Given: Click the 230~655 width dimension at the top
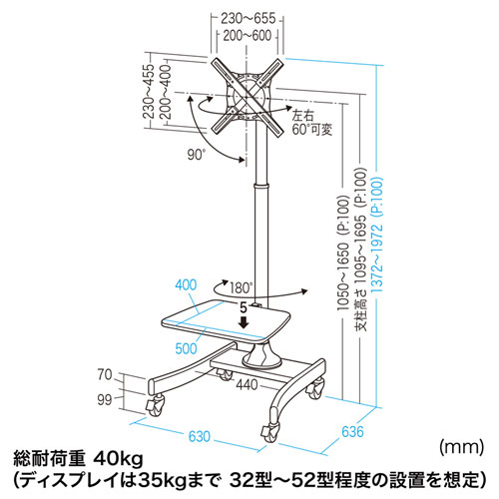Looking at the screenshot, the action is pos(249,18).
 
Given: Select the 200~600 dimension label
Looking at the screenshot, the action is pos(248,35).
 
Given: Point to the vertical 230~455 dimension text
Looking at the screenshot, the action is pos(149,91).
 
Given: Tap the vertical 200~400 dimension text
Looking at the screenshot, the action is pos(165,92).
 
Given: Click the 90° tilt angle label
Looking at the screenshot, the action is pos(197,155).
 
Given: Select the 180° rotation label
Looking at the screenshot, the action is pos(241,287).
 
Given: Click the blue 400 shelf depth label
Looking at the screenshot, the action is pos(186,285).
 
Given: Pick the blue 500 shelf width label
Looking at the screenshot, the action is pos(187,348).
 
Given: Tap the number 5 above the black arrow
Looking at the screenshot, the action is pos(244,308).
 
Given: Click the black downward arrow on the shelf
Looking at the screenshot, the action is pos(245,322).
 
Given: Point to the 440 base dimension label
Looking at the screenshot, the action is pos(247,385).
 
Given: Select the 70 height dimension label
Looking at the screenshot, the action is pos(105,375).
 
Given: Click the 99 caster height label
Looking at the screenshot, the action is pos(105,400).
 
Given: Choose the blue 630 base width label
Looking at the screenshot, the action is pos(200,436).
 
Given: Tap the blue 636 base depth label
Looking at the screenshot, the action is pos(352,432).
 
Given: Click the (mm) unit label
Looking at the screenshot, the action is pos(461,447).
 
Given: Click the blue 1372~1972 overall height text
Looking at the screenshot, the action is pos(377,235).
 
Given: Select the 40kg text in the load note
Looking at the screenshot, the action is pos(118,460).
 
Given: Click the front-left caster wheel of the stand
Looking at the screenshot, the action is pos(155,405).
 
